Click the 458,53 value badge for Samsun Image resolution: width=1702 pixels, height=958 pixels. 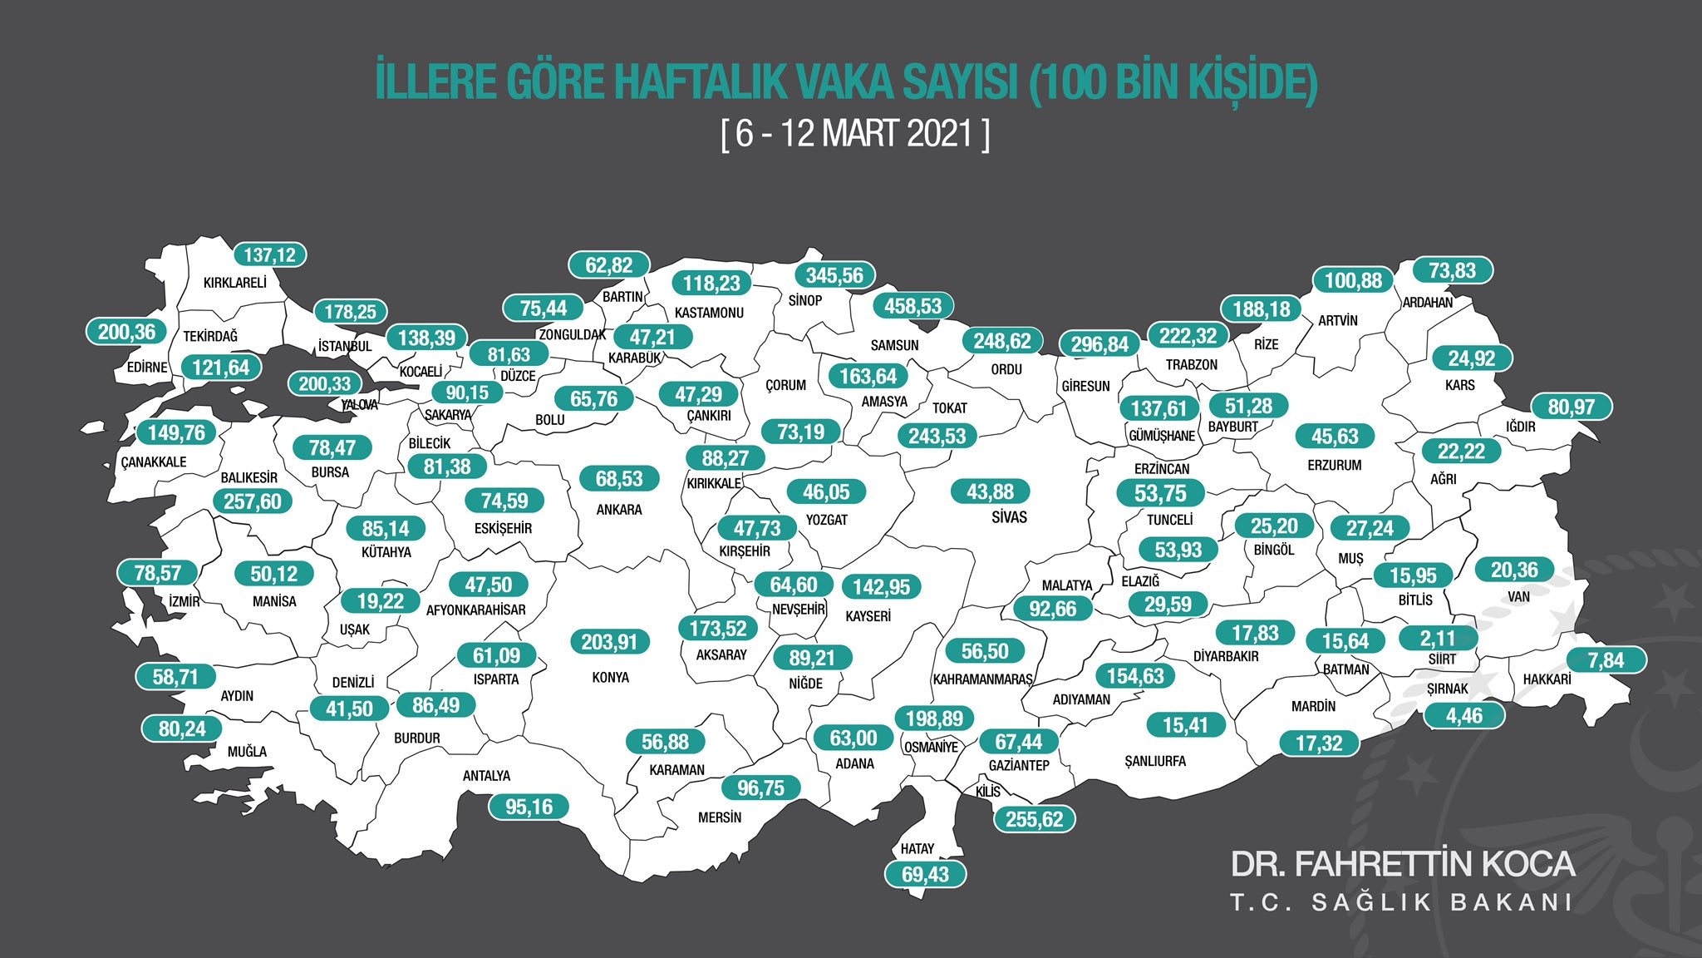(x=912, y=306)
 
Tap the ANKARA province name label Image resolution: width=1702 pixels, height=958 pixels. (x=619, y=510)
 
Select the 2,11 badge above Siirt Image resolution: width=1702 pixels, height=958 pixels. (x=1438, y=639)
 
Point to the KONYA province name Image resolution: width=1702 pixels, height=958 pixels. (x=610, y=678)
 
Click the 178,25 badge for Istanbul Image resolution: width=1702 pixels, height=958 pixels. (x=350, y=312)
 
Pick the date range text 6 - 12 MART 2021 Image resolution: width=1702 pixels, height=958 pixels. (x=855, y=134)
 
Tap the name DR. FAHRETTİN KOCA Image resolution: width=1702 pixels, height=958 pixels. (x=1402, y=864)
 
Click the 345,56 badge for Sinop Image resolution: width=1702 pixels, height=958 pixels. (x=834, y=275)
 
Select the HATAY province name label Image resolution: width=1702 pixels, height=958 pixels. (x=917, y=849)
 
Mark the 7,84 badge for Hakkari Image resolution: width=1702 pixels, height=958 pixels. (x=1606, y=660)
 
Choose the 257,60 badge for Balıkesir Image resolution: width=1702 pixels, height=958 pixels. (x=253, y=501)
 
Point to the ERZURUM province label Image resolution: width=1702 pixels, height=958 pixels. (x=1334, y=466)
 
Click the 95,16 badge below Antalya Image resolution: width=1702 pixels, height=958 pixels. (x=529, y=807)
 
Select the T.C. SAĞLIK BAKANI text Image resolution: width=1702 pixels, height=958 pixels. (x=1402, y=903)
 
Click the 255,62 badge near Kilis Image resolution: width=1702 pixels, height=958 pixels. (x=1034, y=819)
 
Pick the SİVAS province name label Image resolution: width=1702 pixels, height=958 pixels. (x=1009, y=517)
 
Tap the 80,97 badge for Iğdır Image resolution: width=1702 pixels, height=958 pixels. (x=1571, y=407)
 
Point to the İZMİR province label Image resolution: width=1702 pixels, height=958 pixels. (x=184, y=601)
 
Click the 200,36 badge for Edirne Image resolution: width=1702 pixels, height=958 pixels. (x=126, y=332)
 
